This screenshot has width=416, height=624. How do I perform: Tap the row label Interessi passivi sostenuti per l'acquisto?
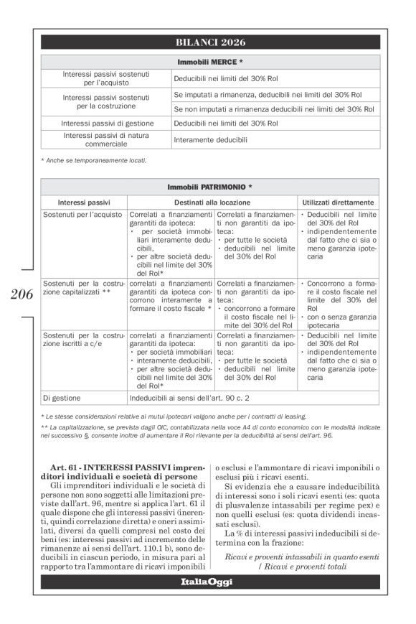pos(105,78)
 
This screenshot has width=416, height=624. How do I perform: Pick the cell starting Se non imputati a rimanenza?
pos(274,109)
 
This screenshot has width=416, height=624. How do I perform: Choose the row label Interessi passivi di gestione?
pos(105,123)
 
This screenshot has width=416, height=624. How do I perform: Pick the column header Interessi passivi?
pos(84,202)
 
